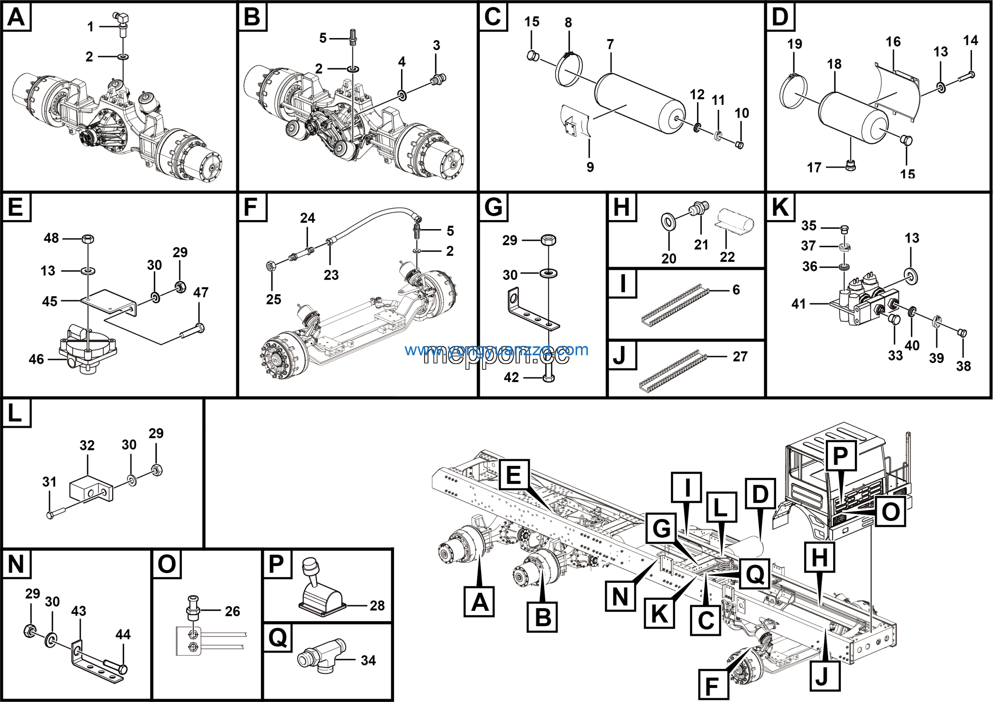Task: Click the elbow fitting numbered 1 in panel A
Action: click(121, 19)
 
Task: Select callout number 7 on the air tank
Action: click(610, 45)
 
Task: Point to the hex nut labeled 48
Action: click(88, 238)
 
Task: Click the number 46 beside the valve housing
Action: click(36, 359)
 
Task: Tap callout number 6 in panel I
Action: click(736, 290)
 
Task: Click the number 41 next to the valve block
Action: click(798, 304)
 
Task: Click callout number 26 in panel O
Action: click(232, 611)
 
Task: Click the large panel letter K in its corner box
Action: click(780, 207)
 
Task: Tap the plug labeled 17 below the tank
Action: click(851, 165)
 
